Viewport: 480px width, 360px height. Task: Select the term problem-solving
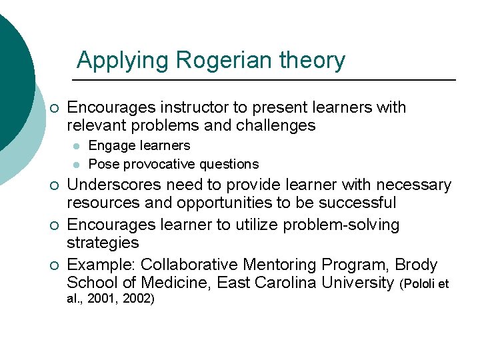[341, 225]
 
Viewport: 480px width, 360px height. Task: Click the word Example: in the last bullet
[103, 265]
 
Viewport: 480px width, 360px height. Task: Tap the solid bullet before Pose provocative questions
[77, 165]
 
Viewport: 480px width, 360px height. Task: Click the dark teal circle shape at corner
[12, 73]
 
